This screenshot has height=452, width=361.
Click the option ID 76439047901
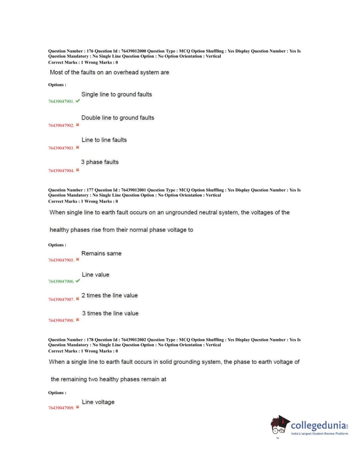click(x=61, y=101)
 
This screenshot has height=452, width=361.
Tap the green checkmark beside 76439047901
click(x=78, y=101)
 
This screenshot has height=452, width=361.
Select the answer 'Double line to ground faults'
click(x=118, y=118)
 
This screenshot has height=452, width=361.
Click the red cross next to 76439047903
click(x=77, y=147)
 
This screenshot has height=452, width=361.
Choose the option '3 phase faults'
click(x=100, y=162)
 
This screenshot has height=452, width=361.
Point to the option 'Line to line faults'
click(x=104, y=140)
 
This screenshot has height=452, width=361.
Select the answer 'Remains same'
click(x=101, y=253)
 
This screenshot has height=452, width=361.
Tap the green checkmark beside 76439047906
click(x=78, y=281)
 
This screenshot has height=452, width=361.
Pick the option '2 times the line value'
click(x=110, y=296)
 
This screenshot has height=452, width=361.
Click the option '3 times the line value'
click(x=110, y=314)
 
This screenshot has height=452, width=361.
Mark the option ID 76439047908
click(x=61, y=321)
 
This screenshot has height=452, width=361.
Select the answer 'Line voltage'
click(x=98, y=402)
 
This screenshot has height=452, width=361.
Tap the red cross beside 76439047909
click(x=77, y=407)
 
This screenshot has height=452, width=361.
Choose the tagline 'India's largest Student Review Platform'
click(x=319, y=434)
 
